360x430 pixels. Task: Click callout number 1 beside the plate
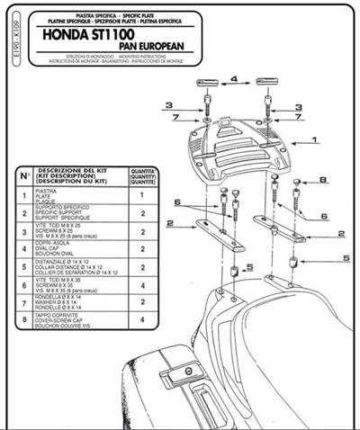(x=314, y=141)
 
